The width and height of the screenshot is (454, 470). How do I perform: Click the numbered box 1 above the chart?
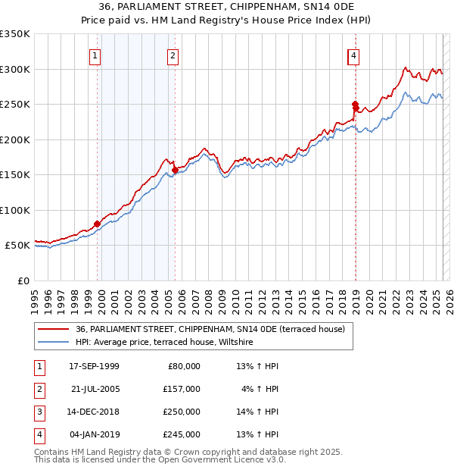[95, 55]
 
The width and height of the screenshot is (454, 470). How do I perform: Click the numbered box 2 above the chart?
[173, 55]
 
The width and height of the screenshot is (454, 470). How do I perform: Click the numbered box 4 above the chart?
[353, 55]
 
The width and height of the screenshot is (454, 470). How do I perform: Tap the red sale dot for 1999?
[97, 224]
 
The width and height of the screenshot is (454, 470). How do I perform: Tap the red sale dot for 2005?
[175, 170]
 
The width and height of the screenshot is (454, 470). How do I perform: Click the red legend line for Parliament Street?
[54, 329]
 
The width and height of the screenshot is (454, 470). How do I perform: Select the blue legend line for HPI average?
[54, 342]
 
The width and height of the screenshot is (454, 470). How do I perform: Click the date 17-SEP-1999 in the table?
[94, 366]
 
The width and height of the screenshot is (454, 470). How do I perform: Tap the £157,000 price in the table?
[182, 389]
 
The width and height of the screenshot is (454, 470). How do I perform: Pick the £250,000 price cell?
[182, 412]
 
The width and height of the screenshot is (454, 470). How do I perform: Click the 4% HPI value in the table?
[260, 389]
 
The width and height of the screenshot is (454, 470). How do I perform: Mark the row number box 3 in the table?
[39, 412]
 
